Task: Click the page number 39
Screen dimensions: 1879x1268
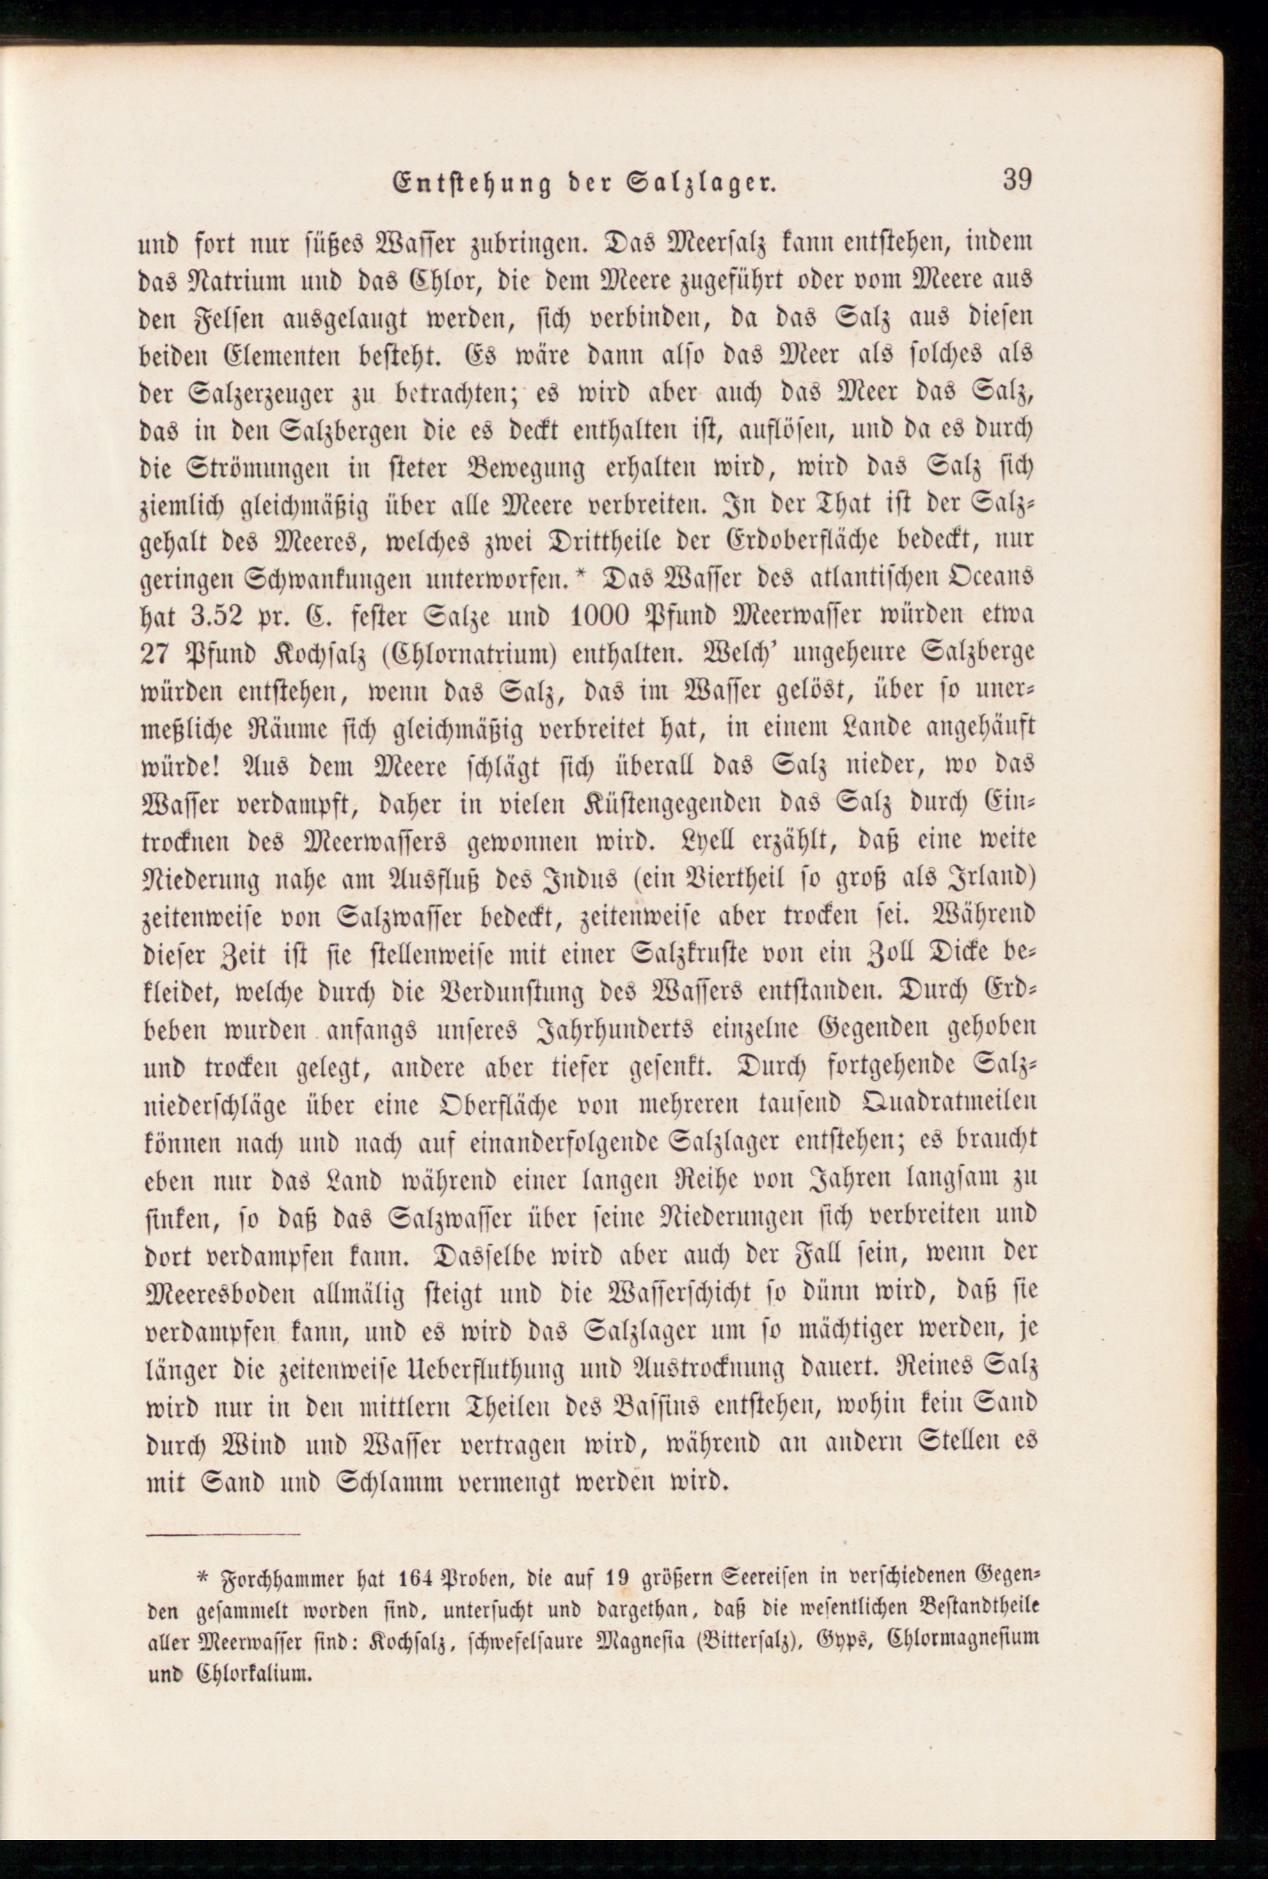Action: click(x=1017, y=180)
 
